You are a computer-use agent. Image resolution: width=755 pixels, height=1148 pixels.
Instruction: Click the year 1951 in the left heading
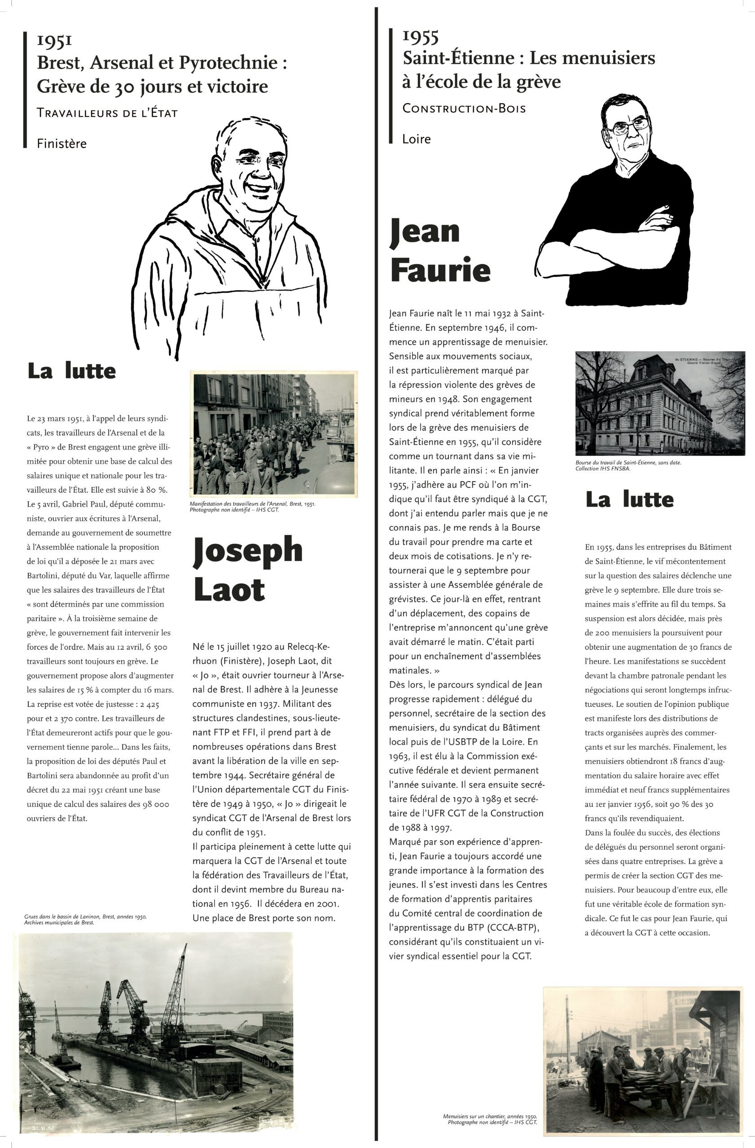click(x=55, y=41)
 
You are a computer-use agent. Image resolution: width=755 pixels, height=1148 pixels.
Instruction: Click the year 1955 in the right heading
click(x=421, y=36)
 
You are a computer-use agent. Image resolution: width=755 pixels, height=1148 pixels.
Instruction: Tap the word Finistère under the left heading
click(x=62, y=144)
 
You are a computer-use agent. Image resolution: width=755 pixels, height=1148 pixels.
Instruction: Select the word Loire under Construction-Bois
click(x=416, y=139)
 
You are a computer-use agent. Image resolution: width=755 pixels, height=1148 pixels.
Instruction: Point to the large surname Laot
click(x=229, y=589)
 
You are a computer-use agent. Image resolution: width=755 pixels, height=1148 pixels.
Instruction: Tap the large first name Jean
click(x=425, y=231)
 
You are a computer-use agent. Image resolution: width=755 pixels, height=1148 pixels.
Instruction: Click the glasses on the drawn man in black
click(x=630, y=126)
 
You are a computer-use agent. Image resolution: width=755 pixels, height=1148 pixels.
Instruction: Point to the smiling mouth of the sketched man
click(x=255, y=186)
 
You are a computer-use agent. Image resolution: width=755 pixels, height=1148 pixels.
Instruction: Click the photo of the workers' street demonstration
click(x=274, y=434)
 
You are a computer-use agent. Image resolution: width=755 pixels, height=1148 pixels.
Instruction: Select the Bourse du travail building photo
click(x=659, y=403)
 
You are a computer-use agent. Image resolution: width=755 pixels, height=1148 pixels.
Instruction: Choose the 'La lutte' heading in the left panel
click(x=71, y=371)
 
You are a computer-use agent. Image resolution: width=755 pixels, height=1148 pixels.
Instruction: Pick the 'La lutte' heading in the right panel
click(x=629, y=500)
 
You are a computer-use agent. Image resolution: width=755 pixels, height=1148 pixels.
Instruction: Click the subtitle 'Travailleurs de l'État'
click(x=107, y=114)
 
